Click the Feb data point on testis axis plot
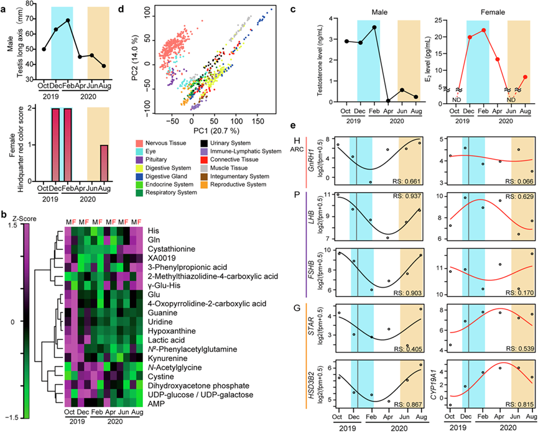pyautogui.click(x=68, y=20)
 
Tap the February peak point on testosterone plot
pyautogui.click(x=374, y=27)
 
